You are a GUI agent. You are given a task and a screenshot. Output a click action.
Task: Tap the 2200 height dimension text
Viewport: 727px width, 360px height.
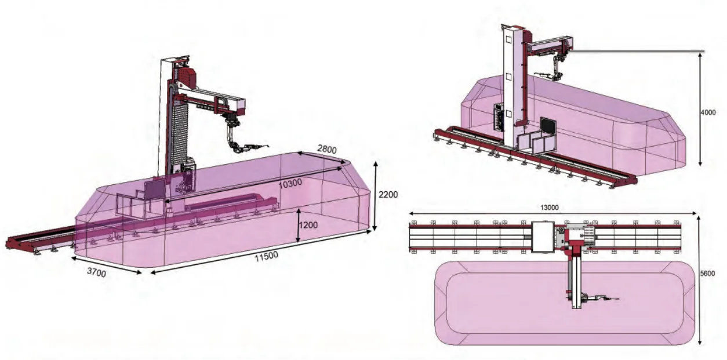[388, 195]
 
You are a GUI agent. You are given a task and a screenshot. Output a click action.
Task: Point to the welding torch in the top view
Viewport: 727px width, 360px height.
[603, 299]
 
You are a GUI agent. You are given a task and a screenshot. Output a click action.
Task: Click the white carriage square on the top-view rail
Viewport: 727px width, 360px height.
[544, 237]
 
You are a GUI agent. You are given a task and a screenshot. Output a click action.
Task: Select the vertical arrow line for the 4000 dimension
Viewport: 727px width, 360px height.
[701, 110]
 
